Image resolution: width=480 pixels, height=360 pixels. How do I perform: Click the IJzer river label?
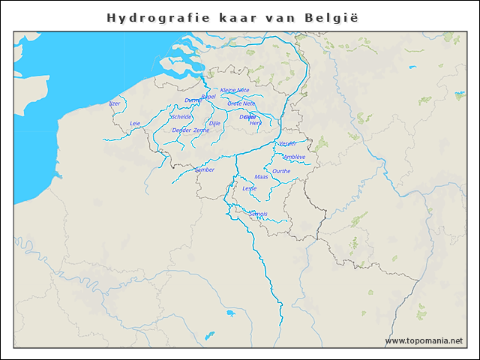point(115,103)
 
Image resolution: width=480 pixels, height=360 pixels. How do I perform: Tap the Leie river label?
point(135,123)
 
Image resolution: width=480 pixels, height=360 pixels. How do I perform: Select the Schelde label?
point(181,117)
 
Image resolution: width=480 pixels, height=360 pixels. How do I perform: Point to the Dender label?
point(181,130)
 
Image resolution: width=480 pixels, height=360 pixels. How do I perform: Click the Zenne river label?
point(202,130)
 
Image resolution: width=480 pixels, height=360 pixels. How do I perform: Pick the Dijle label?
point(214,123)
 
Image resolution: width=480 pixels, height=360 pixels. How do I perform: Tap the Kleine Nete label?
point(234,90)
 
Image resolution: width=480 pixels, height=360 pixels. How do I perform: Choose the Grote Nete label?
point(241,103)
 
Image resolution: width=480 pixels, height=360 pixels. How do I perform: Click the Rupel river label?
point(208,97)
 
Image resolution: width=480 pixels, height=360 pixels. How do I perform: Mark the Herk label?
point(256,123)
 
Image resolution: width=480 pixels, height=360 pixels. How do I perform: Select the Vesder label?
point(287,143)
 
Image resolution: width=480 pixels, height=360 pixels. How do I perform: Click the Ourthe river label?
point(282,171)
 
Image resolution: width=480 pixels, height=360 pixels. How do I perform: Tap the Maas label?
point(261,177)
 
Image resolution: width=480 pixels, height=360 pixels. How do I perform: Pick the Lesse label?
point(250,188)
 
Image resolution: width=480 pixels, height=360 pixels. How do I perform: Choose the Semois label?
point(259,214)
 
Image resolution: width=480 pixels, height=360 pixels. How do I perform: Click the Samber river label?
point(205,169)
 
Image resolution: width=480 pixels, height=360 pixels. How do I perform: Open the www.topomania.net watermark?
point(424,340)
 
